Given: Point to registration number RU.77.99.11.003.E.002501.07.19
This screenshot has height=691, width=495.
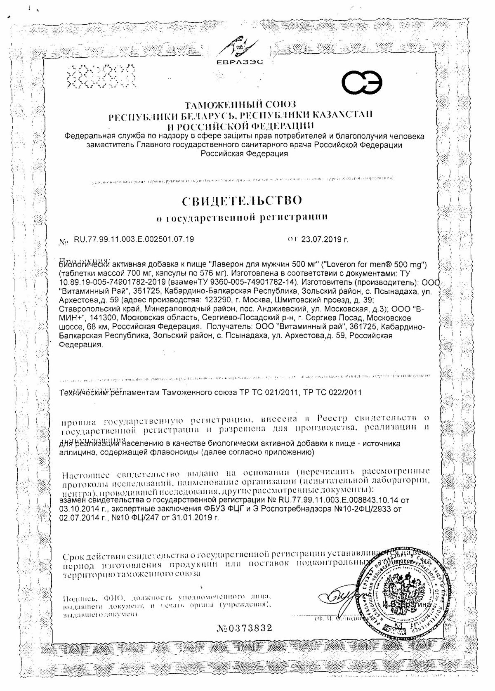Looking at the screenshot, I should coord(134,239).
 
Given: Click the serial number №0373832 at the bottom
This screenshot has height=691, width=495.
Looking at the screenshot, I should coord(244,628).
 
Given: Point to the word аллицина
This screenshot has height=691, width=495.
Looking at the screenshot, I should coord(76,453).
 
